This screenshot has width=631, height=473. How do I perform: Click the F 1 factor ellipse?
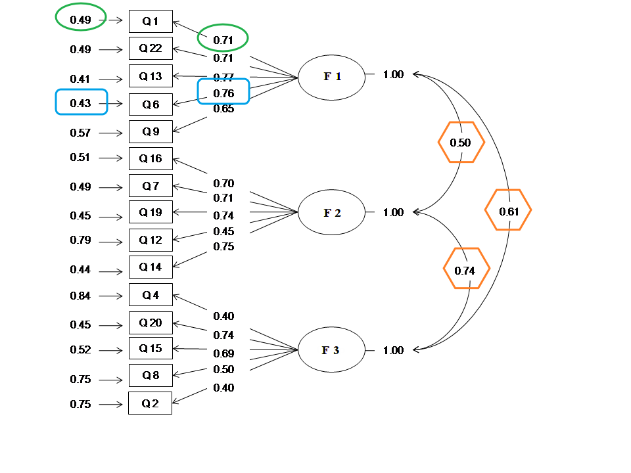pyautogui.click(x=331, y=77)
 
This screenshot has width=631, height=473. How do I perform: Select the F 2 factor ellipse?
pyautogui.click(x=331, y=213)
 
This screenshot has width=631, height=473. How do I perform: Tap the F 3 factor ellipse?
pyautogui.click(x=331, y=350)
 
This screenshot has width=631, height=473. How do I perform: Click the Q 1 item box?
pyautogui.click(x=151, y=22)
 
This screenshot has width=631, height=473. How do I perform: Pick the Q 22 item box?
pyautogui.click(x=151, y=49)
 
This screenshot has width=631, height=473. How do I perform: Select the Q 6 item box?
pyautogui.click(x=151, y=104)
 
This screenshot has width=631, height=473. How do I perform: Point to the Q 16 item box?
pyautogui.click(x=151, y=158)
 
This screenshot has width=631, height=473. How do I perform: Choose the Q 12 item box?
pyautogui.click(x=151, y=240)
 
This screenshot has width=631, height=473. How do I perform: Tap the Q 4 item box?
pyautogui.click(x=151, y=295)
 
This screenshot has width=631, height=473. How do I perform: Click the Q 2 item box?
pyautogui.click(x=151, y=403)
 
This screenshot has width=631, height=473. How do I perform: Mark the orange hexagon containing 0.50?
pyautogui.click(x=461, y=143)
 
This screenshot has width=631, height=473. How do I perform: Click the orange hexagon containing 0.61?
pyautogui.click(x=508, y=211)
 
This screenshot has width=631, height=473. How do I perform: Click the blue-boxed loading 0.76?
pyautogui.click(x=223, y=93)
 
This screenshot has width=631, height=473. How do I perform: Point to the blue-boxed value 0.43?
pyautogui.click(x=81, y=103)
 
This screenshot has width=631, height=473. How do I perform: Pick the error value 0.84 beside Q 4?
pyautogui.click(x=80, y=296)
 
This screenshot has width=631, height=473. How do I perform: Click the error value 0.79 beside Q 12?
pyautogui.click(x=80, y=240)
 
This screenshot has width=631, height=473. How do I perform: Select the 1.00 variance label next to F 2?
pyautogui.click(x=393, y=212)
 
